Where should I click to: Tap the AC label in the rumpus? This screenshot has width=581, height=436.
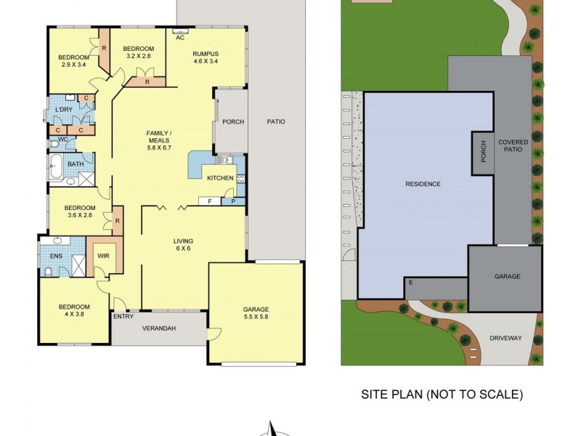179,37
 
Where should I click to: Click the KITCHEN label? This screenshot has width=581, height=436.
221,178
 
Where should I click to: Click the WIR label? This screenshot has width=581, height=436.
103,257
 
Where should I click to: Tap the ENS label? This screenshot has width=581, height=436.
56,256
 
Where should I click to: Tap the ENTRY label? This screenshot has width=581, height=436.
123,315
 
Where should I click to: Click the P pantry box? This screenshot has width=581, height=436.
233,201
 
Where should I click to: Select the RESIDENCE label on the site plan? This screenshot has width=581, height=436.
423,184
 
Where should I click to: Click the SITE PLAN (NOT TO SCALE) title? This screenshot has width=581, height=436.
442,395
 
